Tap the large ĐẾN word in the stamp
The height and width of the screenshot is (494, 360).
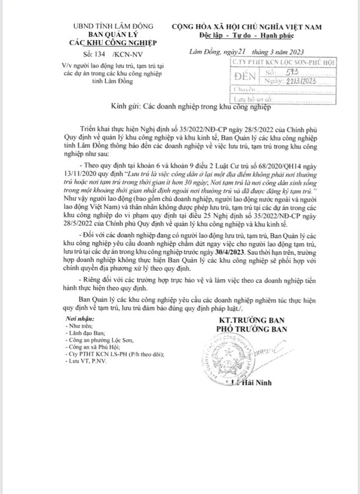click(245, 78)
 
